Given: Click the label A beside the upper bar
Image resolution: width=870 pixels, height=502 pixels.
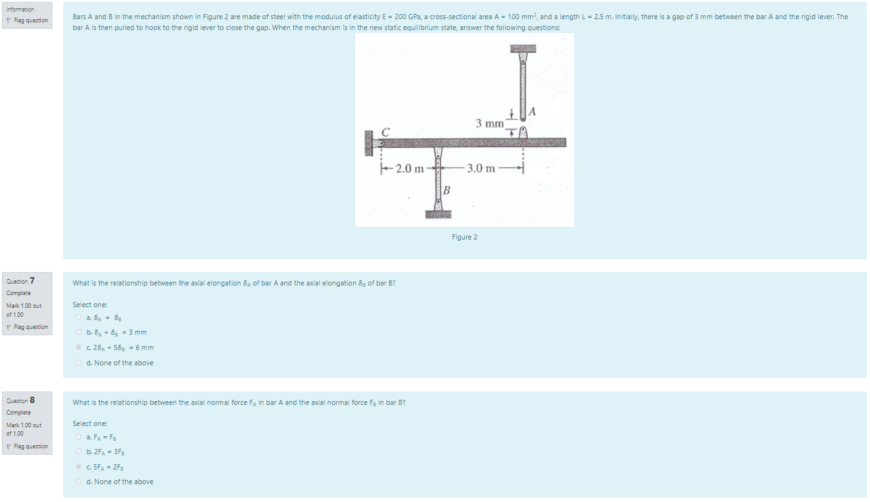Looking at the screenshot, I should click(533, 112).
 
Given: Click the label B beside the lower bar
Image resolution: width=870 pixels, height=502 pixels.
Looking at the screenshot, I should click(446, 190).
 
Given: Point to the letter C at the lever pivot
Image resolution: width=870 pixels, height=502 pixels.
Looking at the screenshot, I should click(385, 132).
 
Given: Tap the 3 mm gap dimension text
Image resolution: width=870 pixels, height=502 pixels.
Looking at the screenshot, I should click(489, 123).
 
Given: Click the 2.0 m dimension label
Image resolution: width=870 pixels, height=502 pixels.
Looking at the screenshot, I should click(409, 169).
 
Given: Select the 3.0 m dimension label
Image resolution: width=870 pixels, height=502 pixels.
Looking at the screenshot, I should click(480, 169).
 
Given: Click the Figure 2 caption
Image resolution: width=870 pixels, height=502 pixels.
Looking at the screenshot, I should click(464, 237).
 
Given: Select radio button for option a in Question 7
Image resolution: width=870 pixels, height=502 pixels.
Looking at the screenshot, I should click(78, 317).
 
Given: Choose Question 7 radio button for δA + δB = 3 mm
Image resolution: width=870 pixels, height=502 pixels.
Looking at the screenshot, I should click(78, 332).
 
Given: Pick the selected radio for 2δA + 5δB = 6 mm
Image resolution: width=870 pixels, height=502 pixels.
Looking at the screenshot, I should click(78, 347).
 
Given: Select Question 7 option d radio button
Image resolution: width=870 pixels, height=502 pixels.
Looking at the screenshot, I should click(78, 363).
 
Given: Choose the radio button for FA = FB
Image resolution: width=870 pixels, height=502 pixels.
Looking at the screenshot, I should click(78, 437).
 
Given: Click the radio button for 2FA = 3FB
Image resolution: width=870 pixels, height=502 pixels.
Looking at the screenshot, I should click(78, 452).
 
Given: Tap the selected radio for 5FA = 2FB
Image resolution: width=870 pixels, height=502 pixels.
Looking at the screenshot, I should click(78, 467).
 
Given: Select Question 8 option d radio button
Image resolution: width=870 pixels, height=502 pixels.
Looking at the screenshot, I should click(78, 482).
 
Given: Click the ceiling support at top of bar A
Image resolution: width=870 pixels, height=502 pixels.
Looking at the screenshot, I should click(523, 49).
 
